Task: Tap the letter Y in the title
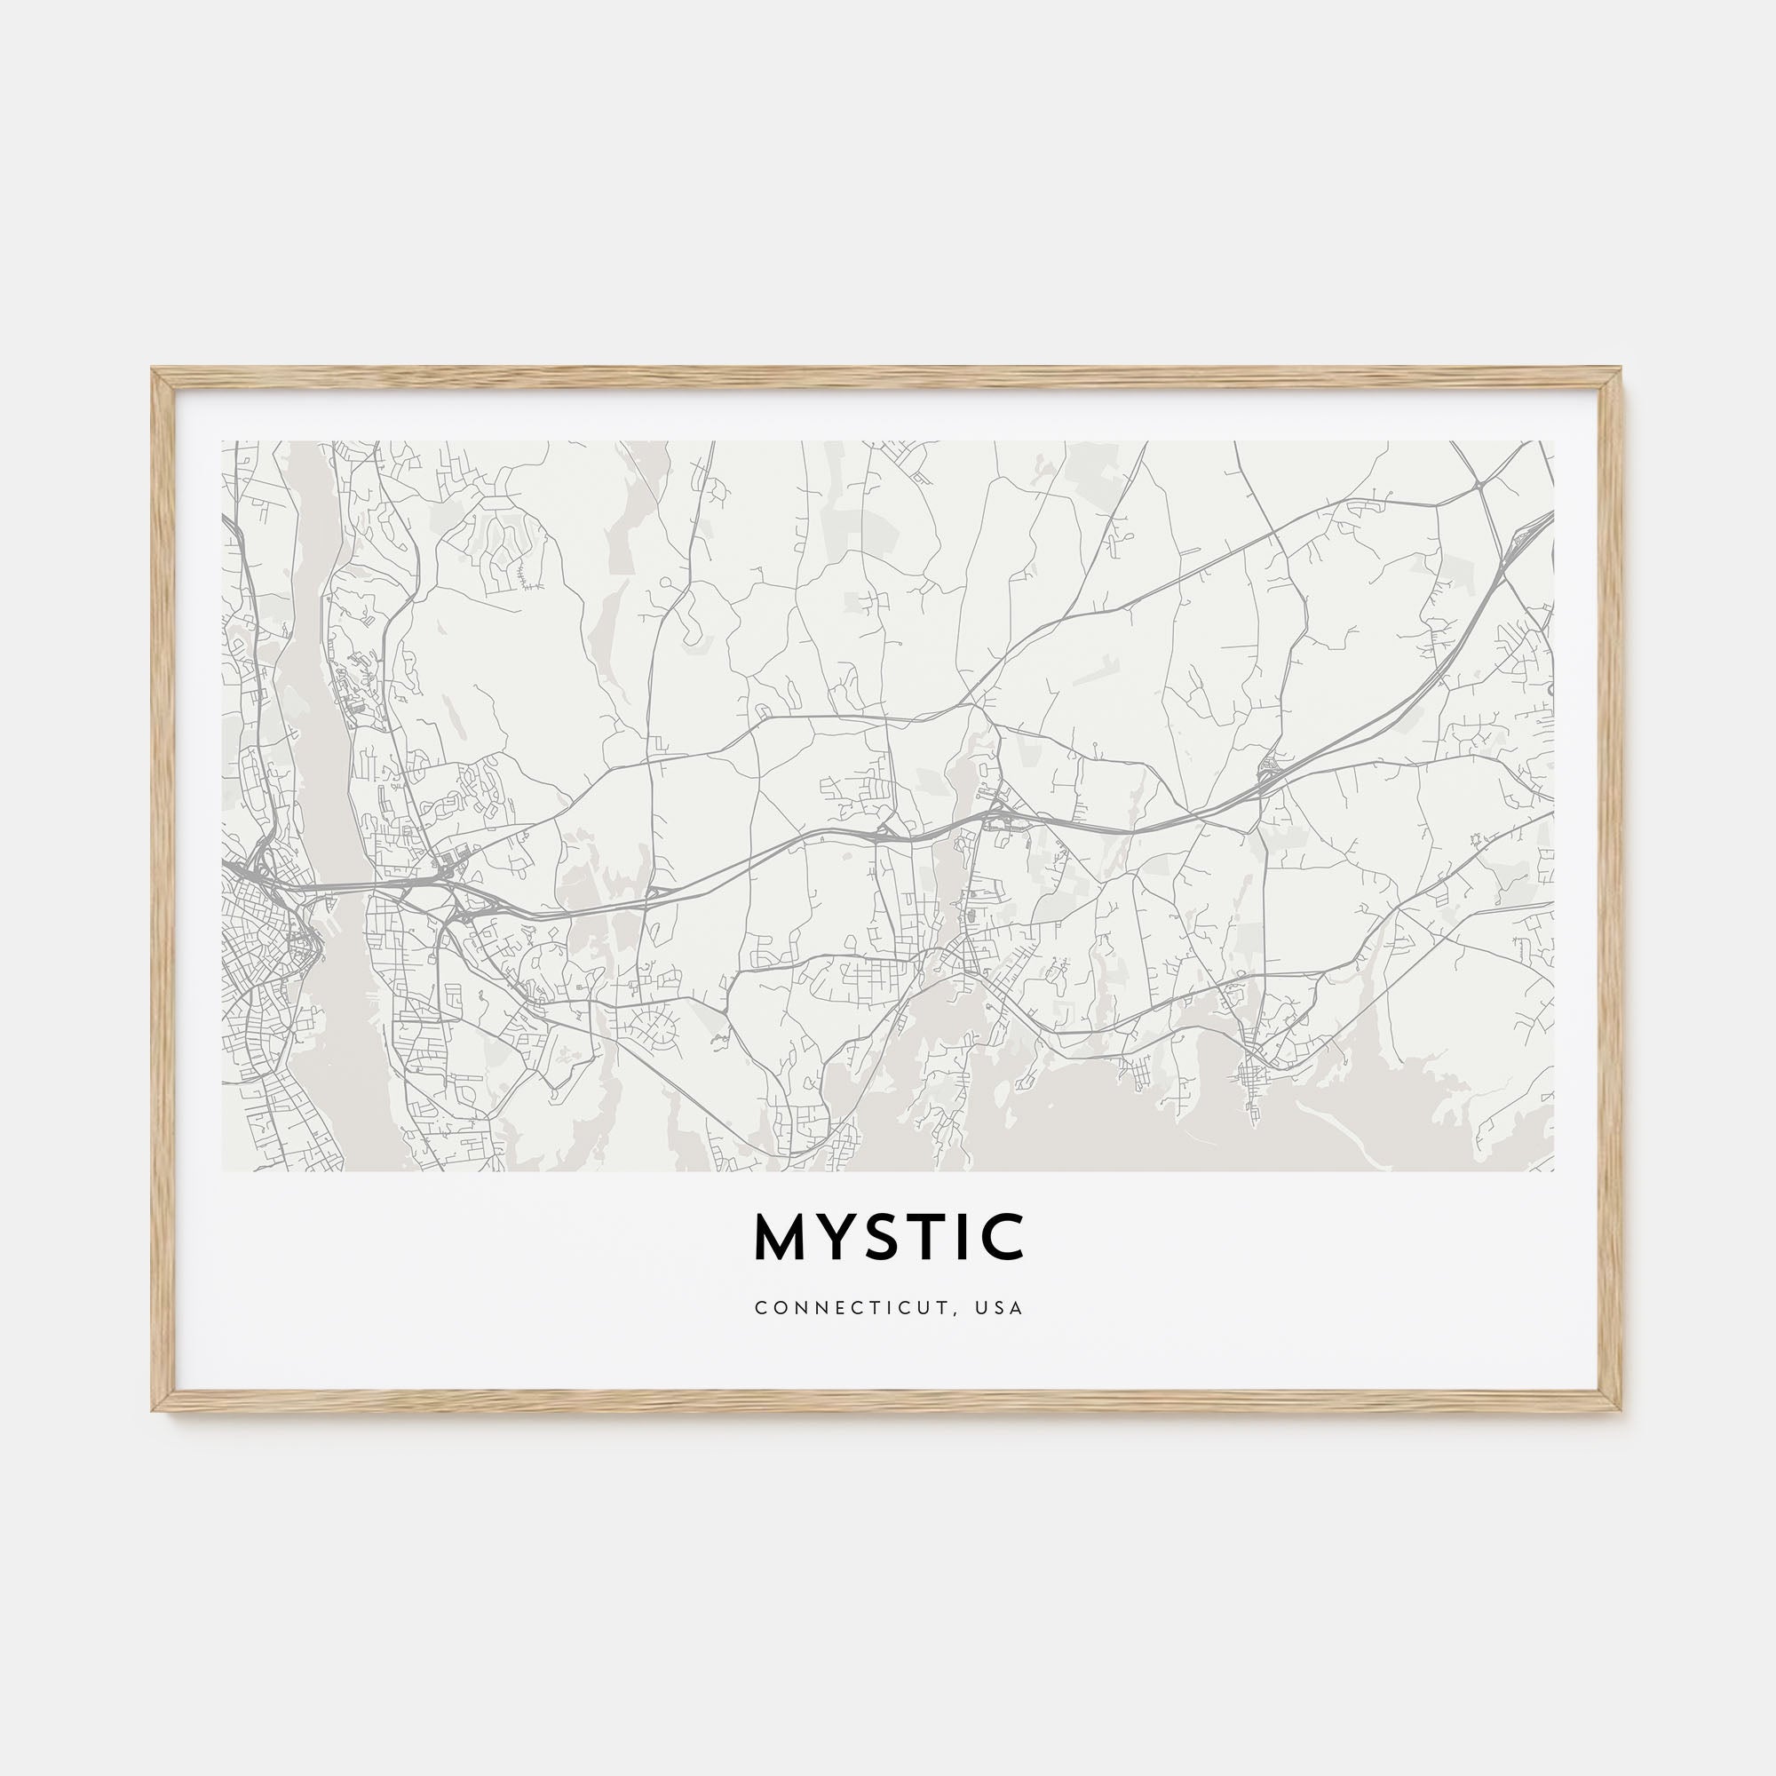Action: pyautogui.click(x=838, y=1236)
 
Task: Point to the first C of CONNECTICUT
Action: pyautogui.click(x=759, y=1307)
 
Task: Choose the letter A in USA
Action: pyautogui.click(x=1016, y=1307)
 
